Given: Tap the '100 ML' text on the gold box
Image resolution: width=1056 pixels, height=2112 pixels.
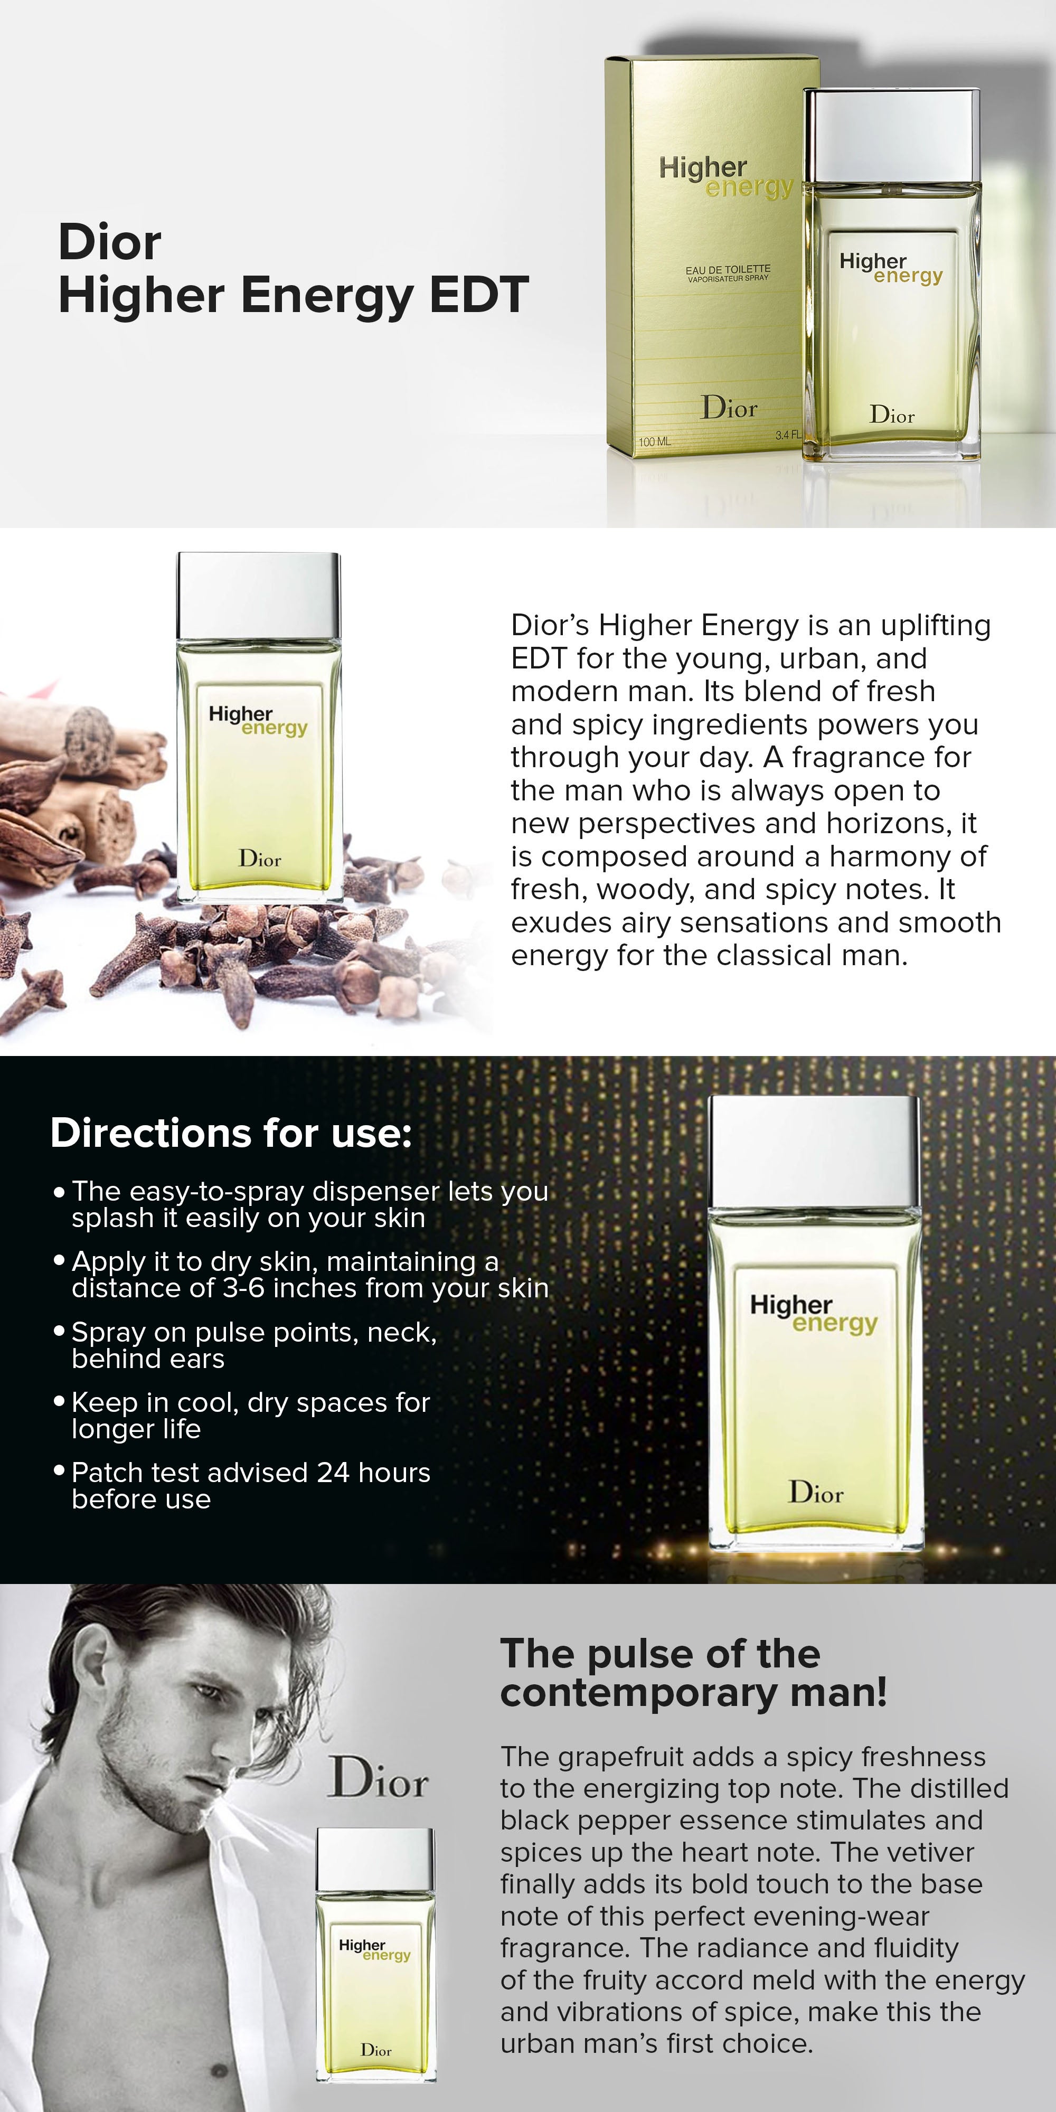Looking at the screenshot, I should pos(654,441).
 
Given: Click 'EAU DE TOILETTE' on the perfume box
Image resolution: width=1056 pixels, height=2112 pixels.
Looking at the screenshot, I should pos(728,269).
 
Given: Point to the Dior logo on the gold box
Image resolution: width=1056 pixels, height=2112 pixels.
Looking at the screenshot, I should pos(729,408).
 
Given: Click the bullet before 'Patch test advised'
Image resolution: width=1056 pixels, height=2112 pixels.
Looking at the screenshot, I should pos(59,1471).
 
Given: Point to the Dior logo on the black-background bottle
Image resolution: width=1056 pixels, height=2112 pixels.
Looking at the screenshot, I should pos(816,1492).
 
